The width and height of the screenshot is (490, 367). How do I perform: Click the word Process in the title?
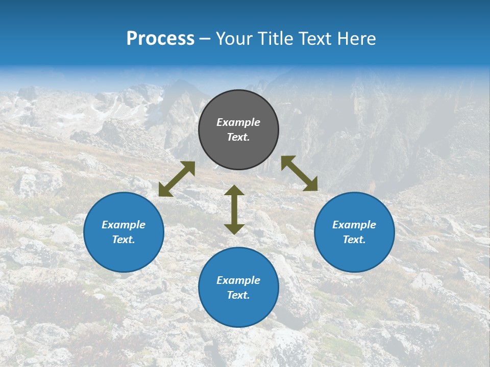point(160,39)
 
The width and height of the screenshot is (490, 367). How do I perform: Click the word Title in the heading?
point(276,39)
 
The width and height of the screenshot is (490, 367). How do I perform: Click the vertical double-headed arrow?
point(234,209)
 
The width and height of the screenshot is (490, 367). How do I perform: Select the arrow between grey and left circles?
point(177,179)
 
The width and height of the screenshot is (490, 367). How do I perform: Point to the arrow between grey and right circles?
point(299,173)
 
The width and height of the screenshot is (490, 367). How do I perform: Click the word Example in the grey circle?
point(238,122)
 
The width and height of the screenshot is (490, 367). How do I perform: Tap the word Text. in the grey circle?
point(238,137)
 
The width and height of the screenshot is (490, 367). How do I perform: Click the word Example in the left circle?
point(124,225)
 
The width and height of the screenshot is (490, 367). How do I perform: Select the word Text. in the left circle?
point(124,240)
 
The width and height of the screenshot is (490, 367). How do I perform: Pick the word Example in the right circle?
point(354,225)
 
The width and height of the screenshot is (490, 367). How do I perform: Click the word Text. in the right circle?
point(354,240)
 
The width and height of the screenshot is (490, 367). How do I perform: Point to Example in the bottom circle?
point(238,280)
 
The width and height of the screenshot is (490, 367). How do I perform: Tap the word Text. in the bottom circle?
point(238,295)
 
